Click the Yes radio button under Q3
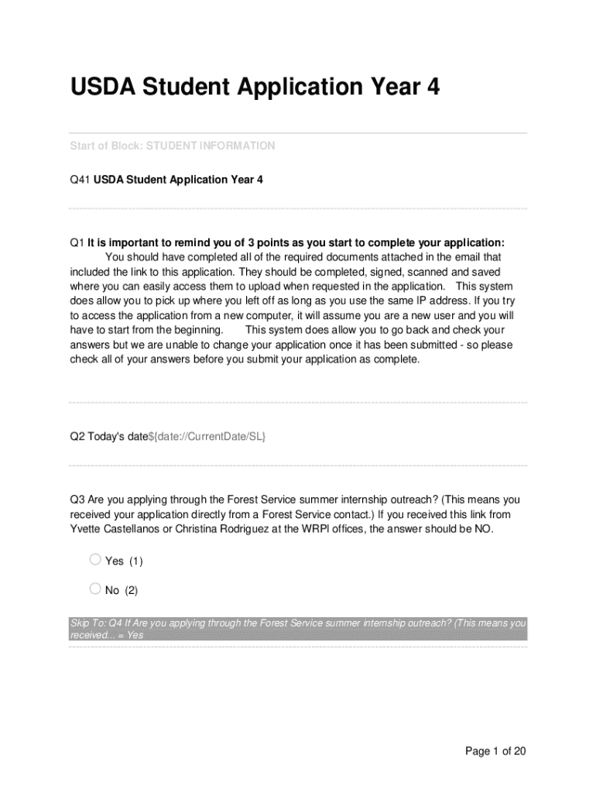[95, 559]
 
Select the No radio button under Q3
[95, 589]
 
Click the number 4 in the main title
[433, 88]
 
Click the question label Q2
[77, 437]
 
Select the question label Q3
[77, 499]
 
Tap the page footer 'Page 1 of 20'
[495, 751]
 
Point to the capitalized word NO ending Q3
[481, 529]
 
